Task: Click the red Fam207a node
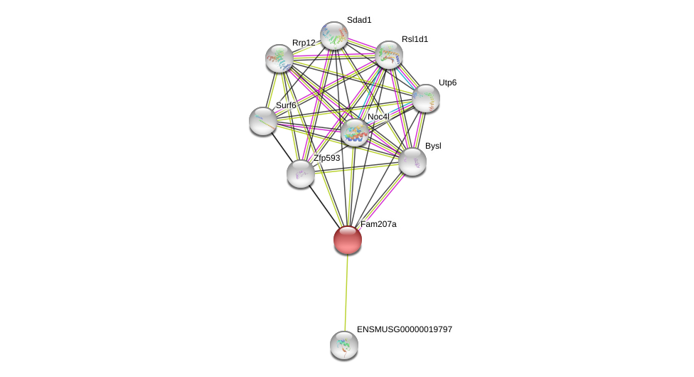[x=348, y=240]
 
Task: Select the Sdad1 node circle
[x=333, y=36]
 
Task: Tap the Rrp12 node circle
[x=279, y=58]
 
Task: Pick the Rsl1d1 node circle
[x=389, y=55]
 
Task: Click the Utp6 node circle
[x=426, y=98]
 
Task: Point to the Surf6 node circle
[x=263, y=121]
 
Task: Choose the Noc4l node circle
[x=355, y=132]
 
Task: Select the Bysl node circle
[x=412, y=161]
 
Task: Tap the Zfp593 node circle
[x=301, y=174]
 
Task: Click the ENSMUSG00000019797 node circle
[x=344, y=345]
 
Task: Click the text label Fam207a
[x=378, y=224]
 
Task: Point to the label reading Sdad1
[x=359, y=20]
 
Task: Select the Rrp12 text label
[x=304, y=43]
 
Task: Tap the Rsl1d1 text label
[x=415, y=39]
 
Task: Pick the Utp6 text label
[x=448, y=83]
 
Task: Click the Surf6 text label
[x=286, y=105]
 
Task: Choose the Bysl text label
[x=433, y=146]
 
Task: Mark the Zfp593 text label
[x=327, y=158]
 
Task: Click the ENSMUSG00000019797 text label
[x=405, y=329]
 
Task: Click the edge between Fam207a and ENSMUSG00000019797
[x=346, y=292]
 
